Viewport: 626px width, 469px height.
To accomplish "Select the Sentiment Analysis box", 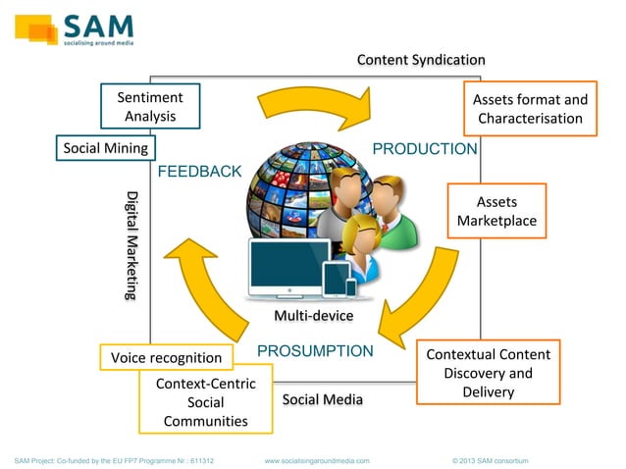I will [149, 107].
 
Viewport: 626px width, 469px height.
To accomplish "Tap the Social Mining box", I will [105, 148].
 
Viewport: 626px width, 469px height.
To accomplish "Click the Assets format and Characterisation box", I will [530, 109].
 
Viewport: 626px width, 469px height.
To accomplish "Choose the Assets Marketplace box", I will [496, 211].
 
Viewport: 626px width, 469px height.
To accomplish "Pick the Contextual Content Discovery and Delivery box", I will [488, 373].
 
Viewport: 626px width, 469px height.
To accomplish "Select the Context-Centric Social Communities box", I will [205, 402].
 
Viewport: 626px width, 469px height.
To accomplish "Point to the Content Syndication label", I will [420, 61].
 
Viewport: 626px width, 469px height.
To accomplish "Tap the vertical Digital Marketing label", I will [131, 244].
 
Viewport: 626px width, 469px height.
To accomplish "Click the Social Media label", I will [322, 399].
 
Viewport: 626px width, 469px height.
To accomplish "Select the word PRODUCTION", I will [425, 149].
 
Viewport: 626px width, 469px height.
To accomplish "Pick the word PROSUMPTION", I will [315, 351].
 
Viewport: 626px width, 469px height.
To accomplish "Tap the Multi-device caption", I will [313, 316].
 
